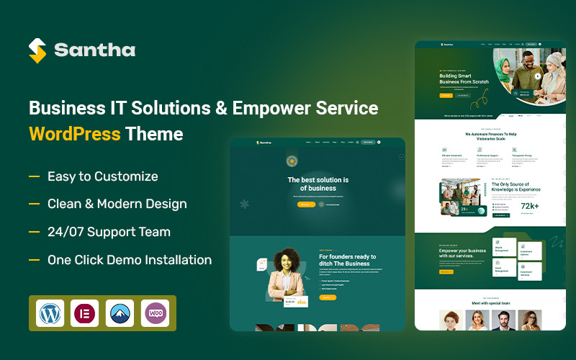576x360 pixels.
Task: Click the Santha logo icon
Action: [37, 50]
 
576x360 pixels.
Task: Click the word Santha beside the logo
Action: [94, 50]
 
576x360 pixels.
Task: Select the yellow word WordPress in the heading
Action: [74, 134]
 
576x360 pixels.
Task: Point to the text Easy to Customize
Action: [102, 176]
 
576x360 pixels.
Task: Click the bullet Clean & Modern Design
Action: [117, 204]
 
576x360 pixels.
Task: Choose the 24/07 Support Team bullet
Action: [109, 232]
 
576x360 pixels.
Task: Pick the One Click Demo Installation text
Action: [130, 260]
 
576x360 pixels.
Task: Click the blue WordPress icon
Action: [50, 313]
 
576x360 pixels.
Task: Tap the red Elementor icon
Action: [85, 313]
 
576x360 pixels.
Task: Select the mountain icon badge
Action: [120, 313]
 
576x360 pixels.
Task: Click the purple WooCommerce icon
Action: [156, 313]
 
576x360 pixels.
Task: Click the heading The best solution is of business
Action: [318, 184]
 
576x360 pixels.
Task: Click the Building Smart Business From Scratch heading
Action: [464, 78]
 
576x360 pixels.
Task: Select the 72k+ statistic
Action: [530, 206]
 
